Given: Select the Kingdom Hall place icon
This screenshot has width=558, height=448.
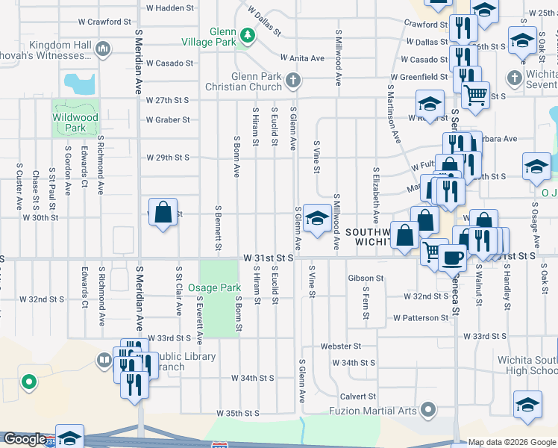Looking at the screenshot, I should click(x=103, y=50).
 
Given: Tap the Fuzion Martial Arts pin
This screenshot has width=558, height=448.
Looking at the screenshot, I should click(x=427, y=409).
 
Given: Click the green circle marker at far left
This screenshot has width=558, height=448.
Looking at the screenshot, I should click(x=29, y=383).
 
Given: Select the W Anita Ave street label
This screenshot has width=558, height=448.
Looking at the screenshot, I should click(x=302, y=57).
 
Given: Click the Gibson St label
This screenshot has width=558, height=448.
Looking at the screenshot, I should click(x=366, y=278).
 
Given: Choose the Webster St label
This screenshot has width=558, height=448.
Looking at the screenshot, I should click(x=340, y=346).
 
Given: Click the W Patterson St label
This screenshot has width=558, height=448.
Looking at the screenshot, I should click(x=421, y=317).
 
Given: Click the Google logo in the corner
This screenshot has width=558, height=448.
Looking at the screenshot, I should click(x=25, y=440).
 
